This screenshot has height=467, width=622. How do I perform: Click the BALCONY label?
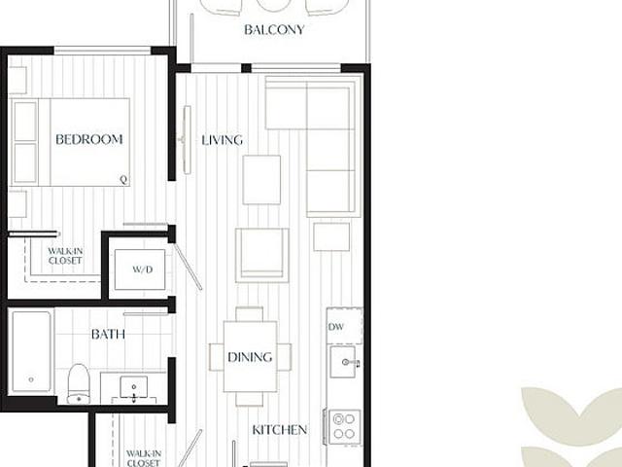[x=274, y=30]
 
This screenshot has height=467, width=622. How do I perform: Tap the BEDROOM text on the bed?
[x=88, y=139]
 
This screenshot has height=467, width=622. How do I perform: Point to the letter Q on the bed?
[x=123, y=180]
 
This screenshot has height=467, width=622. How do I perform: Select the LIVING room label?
[x=223, y=140]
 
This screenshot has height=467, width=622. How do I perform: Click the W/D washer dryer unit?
[x=140, y=269]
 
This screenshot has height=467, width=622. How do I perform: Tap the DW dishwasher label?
[x=335, y=327]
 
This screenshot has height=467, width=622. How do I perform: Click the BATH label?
[x=108, y=335]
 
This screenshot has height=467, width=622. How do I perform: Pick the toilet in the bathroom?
[x=79, y=383]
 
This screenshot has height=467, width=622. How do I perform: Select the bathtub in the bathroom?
[x=31, y=351]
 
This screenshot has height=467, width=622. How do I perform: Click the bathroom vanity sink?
[x=134, y=387]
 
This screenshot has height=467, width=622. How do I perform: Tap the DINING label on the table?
[x=250, y=357]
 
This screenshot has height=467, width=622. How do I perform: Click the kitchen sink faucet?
[x=352, y=363]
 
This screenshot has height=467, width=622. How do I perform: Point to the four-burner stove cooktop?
[x=345, y=426]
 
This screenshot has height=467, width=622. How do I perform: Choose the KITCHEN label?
[x=280, y=430]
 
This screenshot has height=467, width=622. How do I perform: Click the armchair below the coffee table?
[x=261, y=255]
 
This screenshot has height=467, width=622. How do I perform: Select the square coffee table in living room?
[x=261, y=180]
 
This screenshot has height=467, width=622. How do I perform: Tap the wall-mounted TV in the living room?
[x=187, y=140]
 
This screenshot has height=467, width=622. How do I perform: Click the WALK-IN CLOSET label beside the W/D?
[x=65, y=256]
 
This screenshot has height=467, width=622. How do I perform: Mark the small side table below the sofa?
[x=331, y=237]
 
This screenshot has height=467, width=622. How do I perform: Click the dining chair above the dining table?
[x=249, y=313]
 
